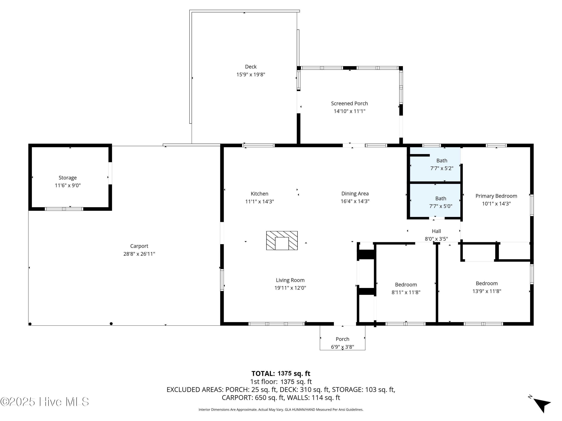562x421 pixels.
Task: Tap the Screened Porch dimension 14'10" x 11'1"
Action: click(x=349, y=111)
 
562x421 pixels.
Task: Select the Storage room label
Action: click(x=68, y=178)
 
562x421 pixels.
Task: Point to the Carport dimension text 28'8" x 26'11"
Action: click(x=139, y=254)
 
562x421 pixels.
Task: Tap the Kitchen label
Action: click(x=259, y=194)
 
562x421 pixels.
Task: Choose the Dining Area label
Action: click(x=355, y=194)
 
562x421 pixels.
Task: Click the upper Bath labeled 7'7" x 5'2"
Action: click(x=442, y=161)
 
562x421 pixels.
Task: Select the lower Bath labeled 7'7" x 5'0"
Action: click(x=441, y=199)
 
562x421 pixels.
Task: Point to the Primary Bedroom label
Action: click(x=496, y=196)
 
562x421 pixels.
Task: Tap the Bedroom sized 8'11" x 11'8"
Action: click(x=406, y=285)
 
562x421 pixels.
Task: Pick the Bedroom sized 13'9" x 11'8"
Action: click(x=487, y=283)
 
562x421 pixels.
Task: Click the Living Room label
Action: click(x=290, y=280)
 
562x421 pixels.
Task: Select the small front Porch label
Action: click(x=342, y=339)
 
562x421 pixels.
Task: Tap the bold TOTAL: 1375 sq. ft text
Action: click(x=281, y=373)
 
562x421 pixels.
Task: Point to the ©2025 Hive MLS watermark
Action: click(x=45, y=402)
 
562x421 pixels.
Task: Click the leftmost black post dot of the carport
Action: click(x=30, y=324)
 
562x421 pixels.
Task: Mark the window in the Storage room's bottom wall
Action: click(x=64, y=209)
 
